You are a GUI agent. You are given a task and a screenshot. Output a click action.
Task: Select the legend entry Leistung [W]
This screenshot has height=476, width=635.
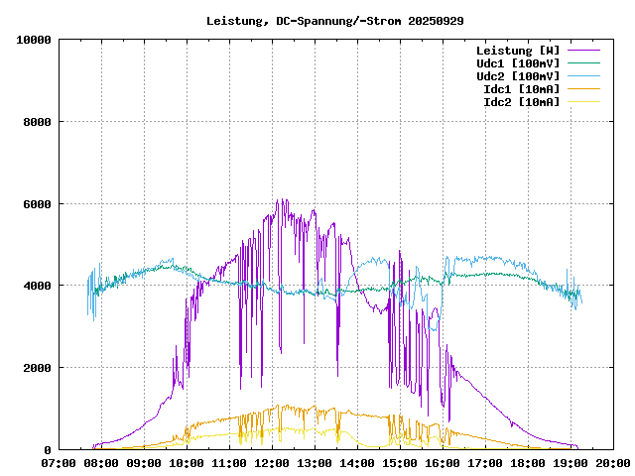[x=518, y=51]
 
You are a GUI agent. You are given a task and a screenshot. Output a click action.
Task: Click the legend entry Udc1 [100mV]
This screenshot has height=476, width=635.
[x=518, y=63]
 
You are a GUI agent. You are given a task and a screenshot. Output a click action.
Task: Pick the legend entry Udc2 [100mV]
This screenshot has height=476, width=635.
[x=518, y=76]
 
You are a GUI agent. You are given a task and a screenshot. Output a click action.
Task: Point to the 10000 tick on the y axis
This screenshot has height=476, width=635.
[x=35, y=40]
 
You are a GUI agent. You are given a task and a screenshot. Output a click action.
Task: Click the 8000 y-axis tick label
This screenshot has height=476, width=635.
[x=38, y=122]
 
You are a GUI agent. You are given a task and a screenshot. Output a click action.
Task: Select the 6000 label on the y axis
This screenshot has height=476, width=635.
[x=38, y=204]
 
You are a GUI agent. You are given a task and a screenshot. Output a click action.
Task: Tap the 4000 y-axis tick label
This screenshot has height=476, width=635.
[x=38, y=286]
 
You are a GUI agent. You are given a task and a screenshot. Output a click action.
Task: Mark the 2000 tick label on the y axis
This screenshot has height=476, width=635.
[x=38, y=368]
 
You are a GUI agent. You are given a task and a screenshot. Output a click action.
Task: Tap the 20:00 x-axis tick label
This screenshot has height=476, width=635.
[x=612, y=462]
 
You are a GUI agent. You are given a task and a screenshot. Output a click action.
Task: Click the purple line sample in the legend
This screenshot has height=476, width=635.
[x=583, y=51]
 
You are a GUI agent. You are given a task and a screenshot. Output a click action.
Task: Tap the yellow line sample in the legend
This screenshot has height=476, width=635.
[x=583, y=102]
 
